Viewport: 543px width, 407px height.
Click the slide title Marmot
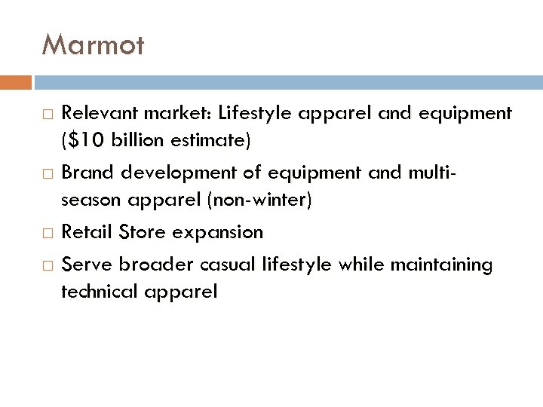[93, 45]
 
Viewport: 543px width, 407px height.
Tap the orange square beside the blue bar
[16, 81]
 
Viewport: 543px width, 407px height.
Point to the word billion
[130, 140]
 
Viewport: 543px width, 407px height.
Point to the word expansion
[218, 233]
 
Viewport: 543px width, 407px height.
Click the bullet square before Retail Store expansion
[48, 233]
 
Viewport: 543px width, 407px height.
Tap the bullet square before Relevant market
[48, 115]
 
